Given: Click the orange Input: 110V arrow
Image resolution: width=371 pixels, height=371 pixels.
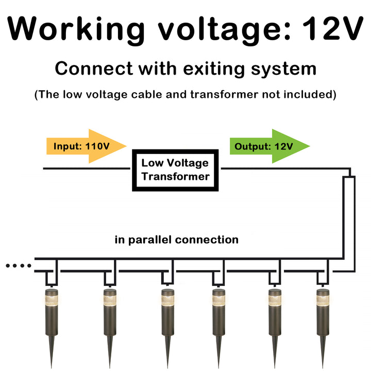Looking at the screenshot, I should point(86,146).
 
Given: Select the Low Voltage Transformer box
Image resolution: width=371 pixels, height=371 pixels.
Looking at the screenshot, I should point(176,170).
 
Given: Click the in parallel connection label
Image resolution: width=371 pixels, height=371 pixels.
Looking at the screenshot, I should point(176,240).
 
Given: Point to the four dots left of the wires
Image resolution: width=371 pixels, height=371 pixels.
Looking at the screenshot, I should point(18,266).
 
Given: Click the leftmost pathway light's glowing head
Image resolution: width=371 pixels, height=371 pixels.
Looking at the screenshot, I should point(52,302).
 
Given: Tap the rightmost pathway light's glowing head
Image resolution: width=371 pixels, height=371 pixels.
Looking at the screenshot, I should point(323,302).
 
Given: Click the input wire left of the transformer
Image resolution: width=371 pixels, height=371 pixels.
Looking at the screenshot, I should point(88,168).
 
